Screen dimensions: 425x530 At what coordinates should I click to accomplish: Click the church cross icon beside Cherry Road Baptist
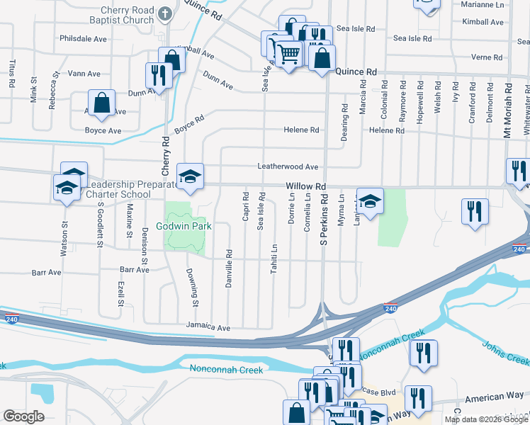(x=164, y=13)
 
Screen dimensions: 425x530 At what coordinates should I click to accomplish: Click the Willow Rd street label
(x=305, y=186)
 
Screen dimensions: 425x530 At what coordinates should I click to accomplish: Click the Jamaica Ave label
(x=208, y=328)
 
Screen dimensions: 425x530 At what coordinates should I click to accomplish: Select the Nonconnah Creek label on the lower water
(x=226, y=369)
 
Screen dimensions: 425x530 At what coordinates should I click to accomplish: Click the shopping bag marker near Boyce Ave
(x=102, y=103)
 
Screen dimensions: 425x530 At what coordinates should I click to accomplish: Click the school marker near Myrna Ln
(x=369, y=200)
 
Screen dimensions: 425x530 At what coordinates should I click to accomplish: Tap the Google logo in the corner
(x=23, y=416)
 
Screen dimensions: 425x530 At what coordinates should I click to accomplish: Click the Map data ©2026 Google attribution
(x=486, y=419)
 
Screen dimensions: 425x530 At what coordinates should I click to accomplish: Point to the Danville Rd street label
(x=229, y=262)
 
